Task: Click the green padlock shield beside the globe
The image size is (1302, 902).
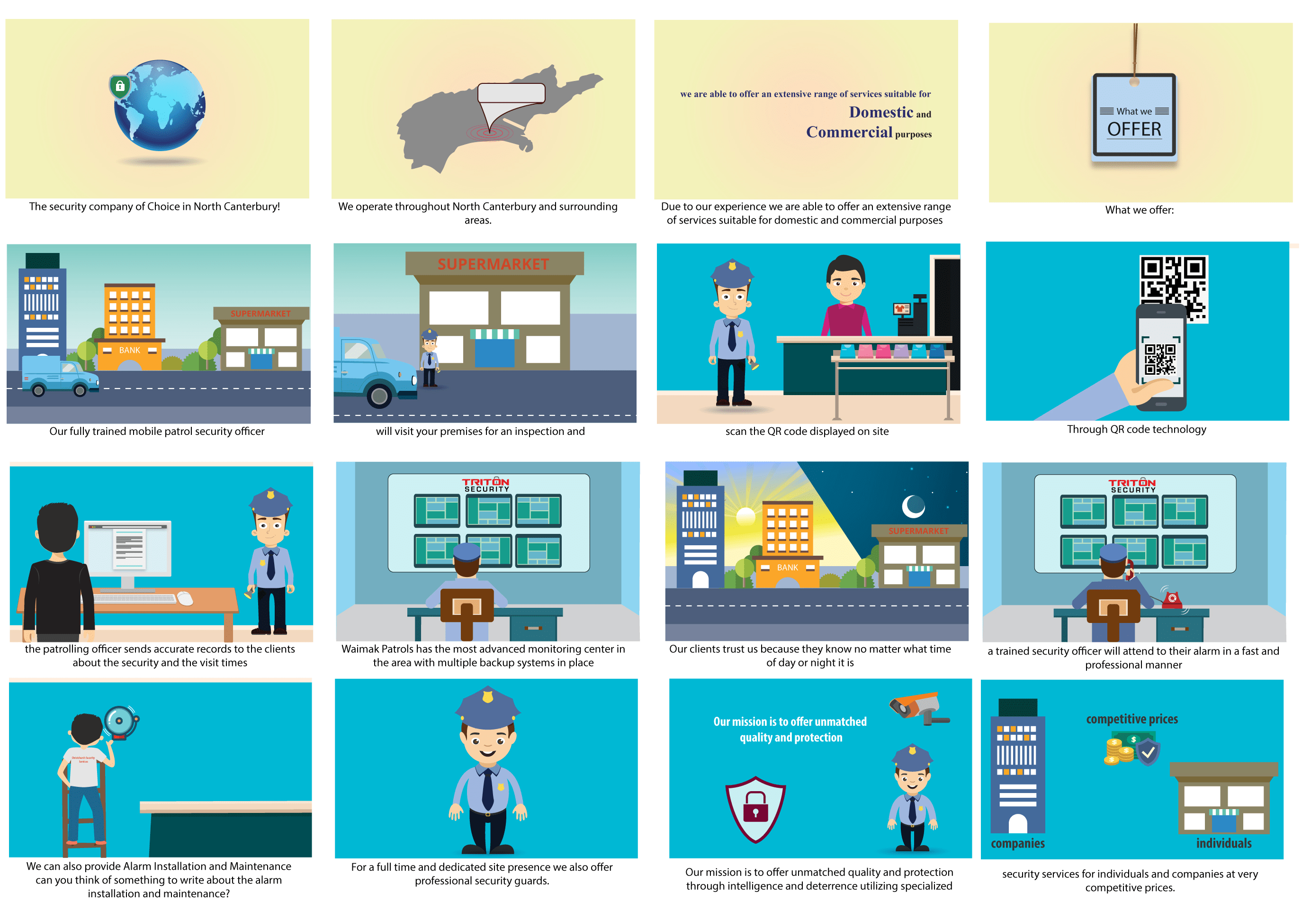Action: pos(120,87)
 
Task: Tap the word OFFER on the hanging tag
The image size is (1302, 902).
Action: pos(1134,129)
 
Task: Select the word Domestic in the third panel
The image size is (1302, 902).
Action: pos(880,112)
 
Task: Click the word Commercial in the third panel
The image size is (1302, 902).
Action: pos(849,132)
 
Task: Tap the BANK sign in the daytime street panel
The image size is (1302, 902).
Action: pos(129,351)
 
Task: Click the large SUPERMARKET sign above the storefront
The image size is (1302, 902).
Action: pos(493,264)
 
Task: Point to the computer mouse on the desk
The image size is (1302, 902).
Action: pos(185,598)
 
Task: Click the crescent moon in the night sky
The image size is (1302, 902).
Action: pos(912,506)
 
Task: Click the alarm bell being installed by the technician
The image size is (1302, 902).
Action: pos(120,722)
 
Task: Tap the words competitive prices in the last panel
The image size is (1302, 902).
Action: pos(1131,719)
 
